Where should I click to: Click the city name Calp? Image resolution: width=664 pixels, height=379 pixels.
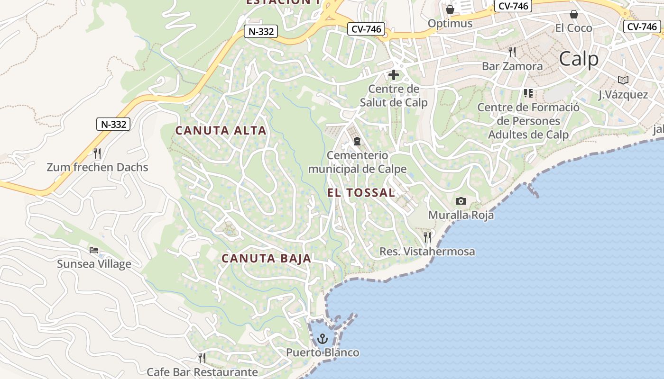click(x=579, y=59)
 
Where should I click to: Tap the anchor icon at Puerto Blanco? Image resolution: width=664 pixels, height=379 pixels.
click(x=323, y=339)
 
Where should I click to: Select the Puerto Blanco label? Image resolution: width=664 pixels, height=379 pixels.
click(x=323, y=353)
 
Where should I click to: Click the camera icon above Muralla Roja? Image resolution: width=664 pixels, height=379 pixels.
click(x=461, y=201)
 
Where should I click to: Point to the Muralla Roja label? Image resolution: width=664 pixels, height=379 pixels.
click(x=461, y=215)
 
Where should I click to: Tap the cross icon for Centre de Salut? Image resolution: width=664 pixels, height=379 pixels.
click(x=394, y=75)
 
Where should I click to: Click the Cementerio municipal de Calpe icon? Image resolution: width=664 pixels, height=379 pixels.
click(x=357, y=141)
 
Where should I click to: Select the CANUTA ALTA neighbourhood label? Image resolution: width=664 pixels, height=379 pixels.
click(x=221, y=130)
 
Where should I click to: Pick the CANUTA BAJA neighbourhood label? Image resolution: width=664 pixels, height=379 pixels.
click(x=267, y=258)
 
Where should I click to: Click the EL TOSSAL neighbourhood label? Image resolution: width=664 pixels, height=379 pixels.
click(x=361, y=193)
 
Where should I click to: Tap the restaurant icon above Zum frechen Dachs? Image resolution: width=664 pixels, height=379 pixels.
click(x=97, y=153)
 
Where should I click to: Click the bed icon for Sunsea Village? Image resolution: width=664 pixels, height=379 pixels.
click(x=94, y=250)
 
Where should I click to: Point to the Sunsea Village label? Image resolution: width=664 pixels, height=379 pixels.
click(x=94, y=264)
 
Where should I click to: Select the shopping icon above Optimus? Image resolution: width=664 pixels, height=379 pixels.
click(x=450, y=9)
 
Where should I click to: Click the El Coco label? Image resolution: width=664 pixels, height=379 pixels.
click(x=574, y=28)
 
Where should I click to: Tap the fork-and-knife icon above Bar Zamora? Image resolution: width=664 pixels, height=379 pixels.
click(x=512, y=52)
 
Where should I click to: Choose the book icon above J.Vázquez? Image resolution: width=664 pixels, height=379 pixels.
click(x=623, y=81)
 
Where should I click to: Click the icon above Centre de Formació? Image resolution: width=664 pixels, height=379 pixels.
click(x=528, y=93)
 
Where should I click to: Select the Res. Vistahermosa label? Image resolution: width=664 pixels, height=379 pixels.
click(x=427, y=252)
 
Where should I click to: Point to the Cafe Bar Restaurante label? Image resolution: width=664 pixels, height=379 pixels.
click(x=202, y=372)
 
